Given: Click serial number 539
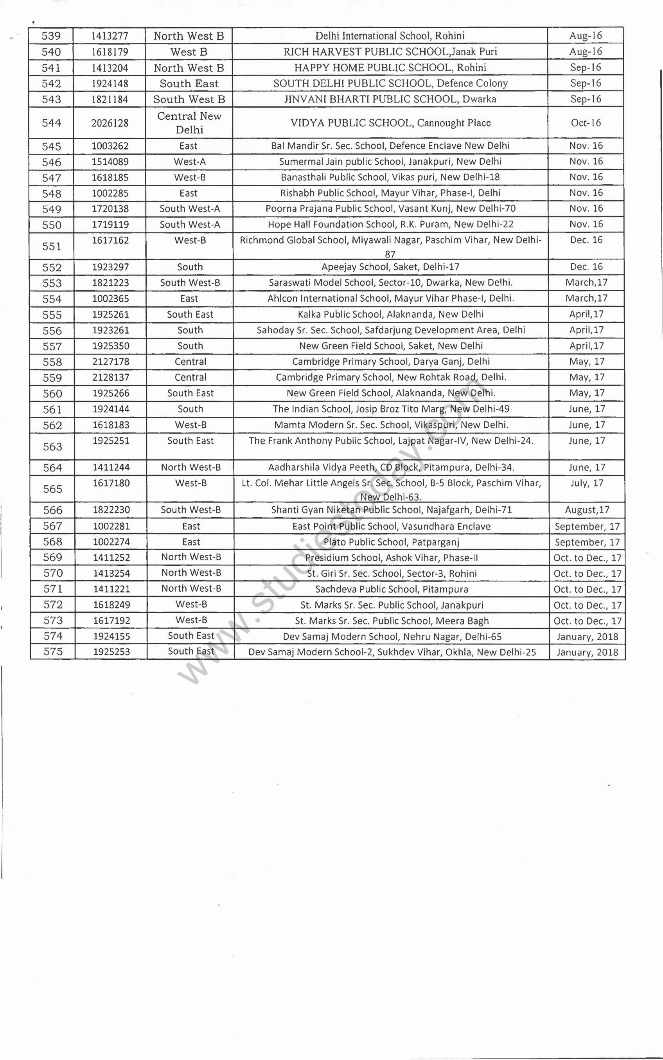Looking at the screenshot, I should coord(51,36).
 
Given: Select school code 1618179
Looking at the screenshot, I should coord(110,52).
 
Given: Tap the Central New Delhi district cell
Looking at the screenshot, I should coord(189,123).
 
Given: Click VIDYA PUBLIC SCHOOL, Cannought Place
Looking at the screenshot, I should coord(390,123).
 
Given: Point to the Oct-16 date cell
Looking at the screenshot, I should coord(586,123).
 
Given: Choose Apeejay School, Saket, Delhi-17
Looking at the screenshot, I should coord(390,266).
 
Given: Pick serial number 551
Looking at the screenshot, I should coord(52,246).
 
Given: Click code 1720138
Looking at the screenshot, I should coord(110,209).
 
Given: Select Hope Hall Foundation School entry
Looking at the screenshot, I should coord(390,225).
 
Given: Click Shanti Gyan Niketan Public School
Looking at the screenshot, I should coord(391,509).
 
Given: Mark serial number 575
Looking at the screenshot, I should coord(53,652).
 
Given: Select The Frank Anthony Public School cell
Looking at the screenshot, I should coord(391,441).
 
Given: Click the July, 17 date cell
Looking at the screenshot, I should coord(587,483).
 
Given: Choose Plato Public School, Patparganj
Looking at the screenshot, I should coord(391,542).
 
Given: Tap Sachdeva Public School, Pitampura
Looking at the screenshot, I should coord(392,589).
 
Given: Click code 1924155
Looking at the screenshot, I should coord(111,636).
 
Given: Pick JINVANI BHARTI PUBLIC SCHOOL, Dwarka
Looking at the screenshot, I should coord(390,99).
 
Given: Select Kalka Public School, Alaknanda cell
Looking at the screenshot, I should coord(391,315).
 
